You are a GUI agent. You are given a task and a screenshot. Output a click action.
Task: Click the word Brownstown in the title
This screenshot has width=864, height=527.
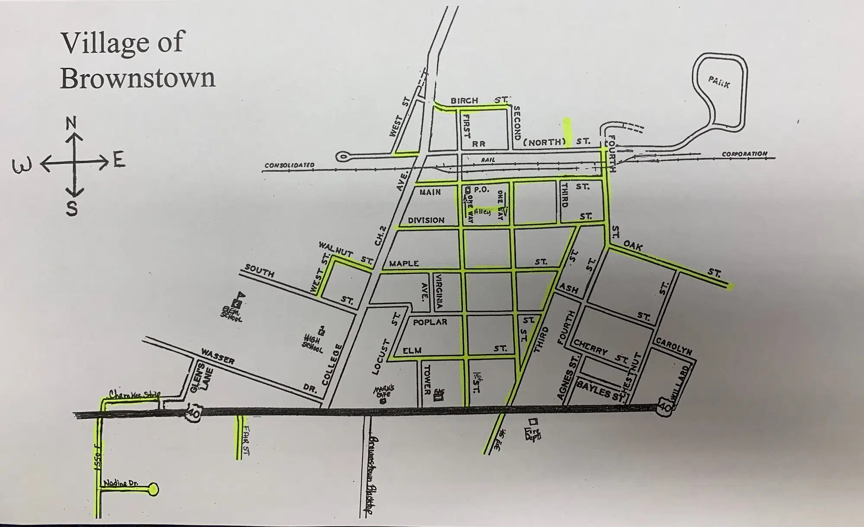[137, 78]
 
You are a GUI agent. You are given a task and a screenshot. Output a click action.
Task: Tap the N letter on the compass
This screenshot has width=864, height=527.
[71, 123]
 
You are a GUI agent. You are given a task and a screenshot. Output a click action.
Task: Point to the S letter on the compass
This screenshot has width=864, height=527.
[72, 209]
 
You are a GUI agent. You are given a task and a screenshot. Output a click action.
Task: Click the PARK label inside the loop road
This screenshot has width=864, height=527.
[719, 81]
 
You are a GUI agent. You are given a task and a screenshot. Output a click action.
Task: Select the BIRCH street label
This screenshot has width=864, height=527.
[464, 100]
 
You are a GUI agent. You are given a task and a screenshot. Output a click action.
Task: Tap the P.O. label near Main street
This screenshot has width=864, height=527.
[481, 190]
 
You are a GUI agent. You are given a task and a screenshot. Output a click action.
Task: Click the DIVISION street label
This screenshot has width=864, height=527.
[426, 220]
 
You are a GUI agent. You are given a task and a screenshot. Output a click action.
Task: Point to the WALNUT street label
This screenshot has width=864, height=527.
[336, 249]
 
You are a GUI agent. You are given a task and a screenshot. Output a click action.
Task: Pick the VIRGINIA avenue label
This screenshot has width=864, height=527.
[439, 291]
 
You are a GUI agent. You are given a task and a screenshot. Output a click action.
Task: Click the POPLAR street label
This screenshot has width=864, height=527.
[430, 322]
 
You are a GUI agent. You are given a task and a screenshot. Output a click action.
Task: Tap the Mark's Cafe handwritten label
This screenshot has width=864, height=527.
[383, 392]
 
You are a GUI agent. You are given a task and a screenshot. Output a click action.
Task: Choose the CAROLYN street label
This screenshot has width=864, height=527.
[674, 346]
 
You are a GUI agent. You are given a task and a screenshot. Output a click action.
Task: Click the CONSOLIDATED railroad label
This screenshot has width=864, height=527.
[289, 165]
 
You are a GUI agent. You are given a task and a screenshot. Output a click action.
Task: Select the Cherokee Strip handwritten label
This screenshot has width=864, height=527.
[134, 395]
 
